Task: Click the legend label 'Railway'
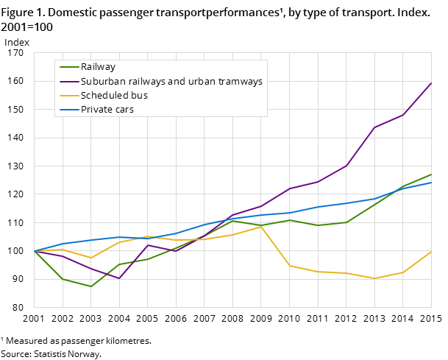click(98, 67)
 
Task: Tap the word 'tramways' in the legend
click(240, 82)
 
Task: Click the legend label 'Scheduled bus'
click(114, 96)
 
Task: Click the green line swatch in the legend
click(68, 68)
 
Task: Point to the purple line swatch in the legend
click(68, 82)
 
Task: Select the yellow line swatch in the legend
click(68, 96)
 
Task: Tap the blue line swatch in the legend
click(68, 110)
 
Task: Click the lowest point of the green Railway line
click(90, 286)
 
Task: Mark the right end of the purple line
click(431, 82)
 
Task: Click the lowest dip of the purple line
click(119, 278)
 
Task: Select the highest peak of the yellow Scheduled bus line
click(260, 226)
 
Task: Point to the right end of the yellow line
click(431, 251)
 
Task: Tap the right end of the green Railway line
click(431, 174)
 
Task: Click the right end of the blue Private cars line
click(431, 183)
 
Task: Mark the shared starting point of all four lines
click(35, 251)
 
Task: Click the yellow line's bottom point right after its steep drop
click(289, 266)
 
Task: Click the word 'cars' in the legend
click(123, 110)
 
